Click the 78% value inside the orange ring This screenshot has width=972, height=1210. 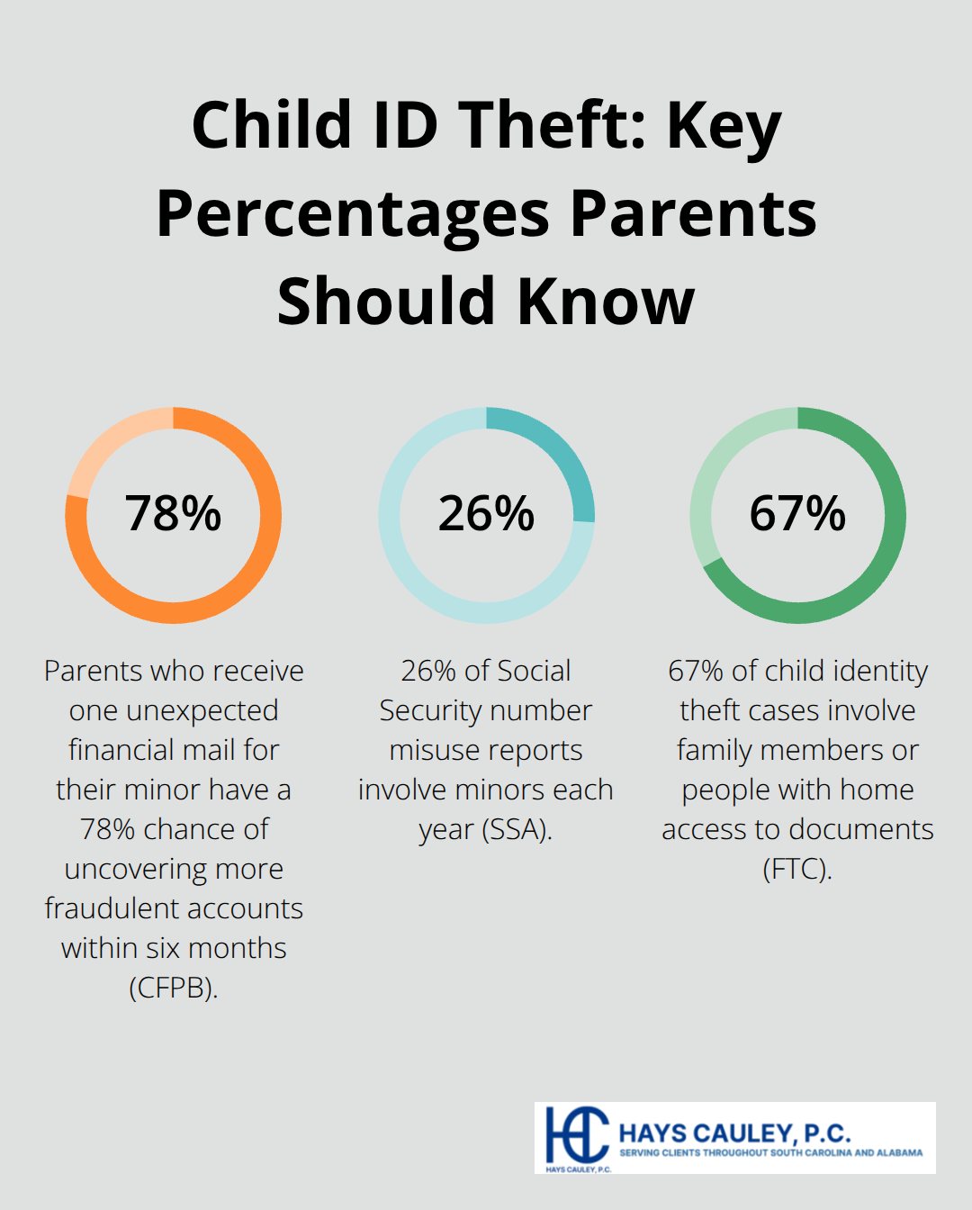[x=173, y=514]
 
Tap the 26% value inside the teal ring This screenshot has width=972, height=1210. [x=486, y=514]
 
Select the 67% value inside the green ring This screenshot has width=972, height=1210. [x=797, y=514]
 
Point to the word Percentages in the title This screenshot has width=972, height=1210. [x=353, y=214]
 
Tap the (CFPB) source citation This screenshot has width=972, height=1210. [x=173, y=988]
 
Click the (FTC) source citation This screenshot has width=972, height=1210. [x=797, y=869]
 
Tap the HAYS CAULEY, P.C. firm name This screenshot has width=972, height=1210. [x=734, y=1133]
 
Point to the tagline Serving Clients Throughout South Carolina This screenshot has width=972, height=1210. [x=770, y=1152]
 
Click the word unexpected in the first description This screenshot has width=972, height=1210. [x=202, y=710]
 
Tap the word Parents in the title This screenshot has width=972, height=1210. [x=693, y=214]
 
